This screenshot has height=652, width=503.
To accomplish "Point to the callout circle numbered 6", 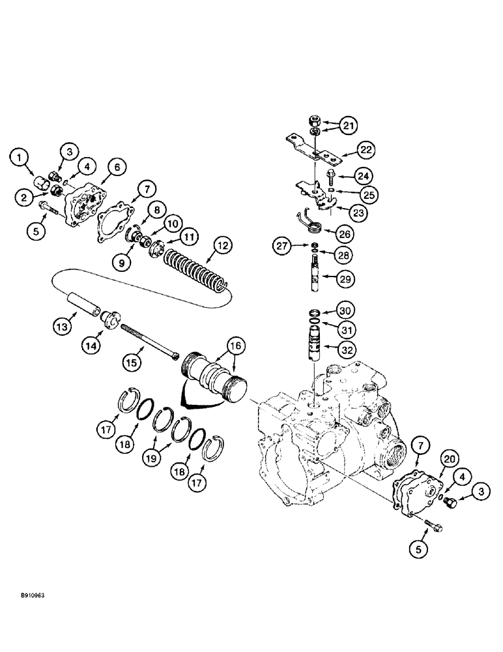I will point(117,168).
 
